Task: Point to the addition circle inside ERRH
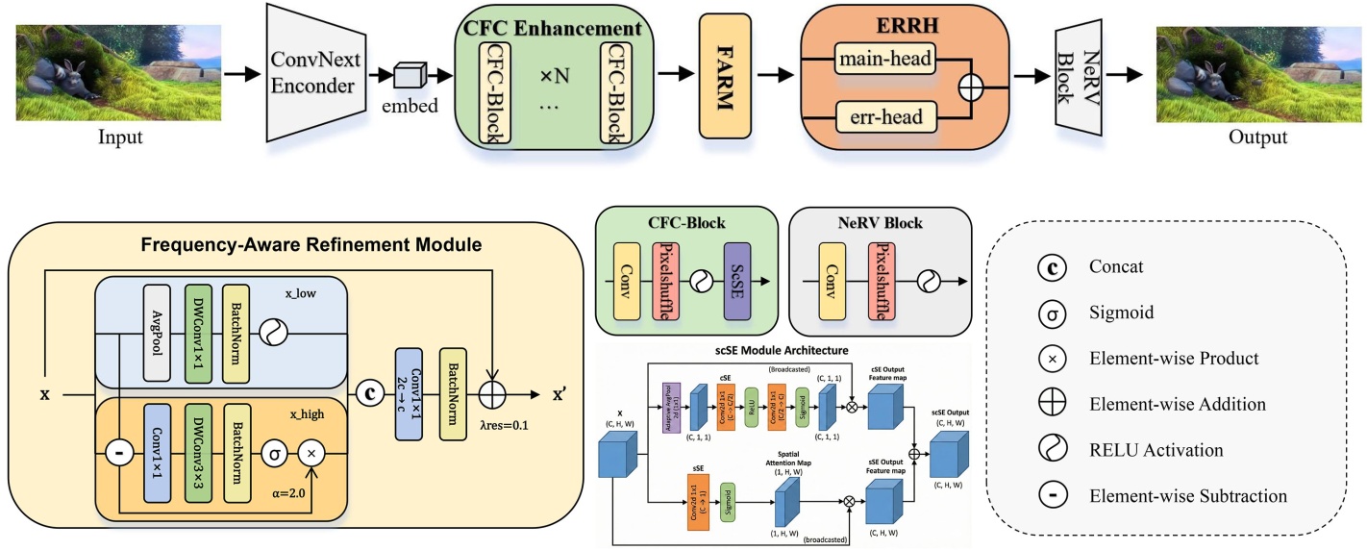(973, 87)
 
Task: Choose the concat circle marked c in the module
(366, 394)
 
